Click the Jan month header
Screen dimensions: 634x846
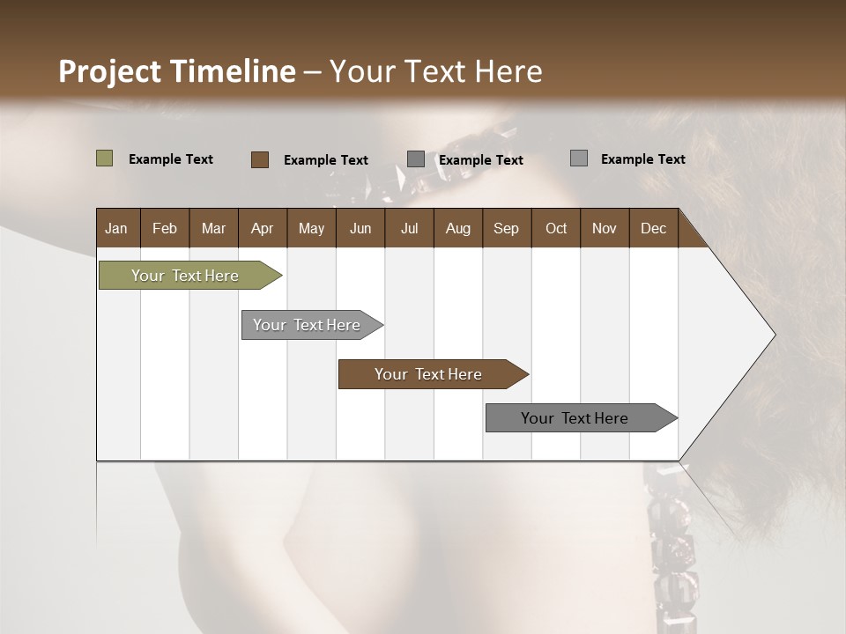click(x=116, y=228)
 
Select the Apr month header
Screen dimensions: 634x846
click(x=262, y=228)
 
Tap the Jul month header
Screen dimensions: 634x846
click(x=409, y=228)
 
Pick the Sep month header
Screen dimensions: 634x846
click(x=506, y=228)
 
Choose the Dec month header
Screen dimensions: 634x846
click(x=653, y=228)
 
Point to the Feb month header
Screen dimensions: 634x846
click(x=165, y=228)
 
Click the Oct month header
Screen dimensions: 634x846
click(x=556, y=228)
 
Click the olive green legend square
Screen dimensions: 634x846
click(x=104, y=158)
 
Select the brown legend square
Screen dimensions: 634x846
click(x=259, y=159)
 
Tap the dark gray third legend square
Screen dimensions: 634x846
click(x=416, y=159)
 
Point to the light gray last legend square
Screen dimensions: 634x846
click(x=578, y=158)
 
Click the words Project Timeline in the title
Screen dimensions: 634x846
click(x=176, y=71)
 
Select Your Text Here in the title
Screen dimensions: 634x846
click(x=436, y=71)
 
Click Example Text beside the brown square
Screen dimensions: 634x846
click(x=326, y=160)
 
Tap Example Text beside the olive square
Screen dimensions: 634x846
click(x=171, y=159)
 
